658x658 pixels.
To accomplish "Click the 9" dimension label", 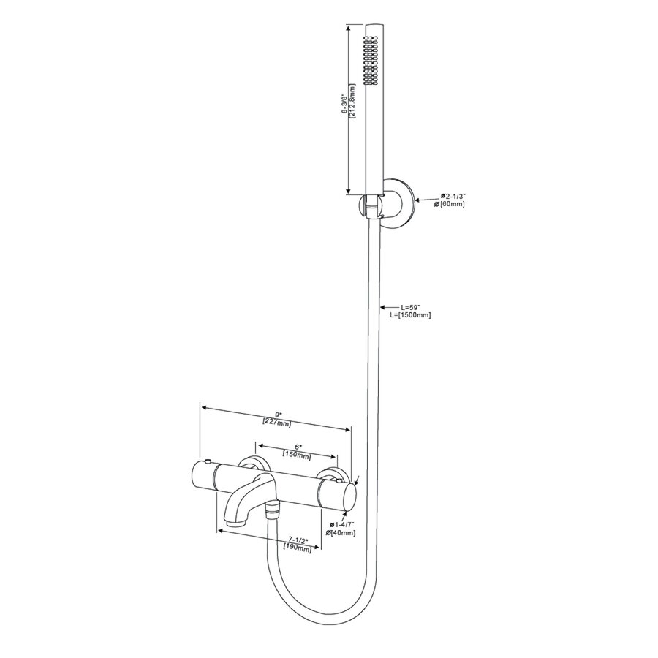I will point(276,415).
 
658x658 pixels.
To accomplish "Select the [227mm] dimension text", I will point(276,423).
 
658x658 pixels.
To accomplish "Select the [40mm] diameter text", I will point(343,533).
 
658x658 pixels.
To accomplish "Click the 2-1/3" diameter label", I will point(453,196).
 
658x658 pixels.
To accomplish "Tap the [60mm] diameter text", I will point(451,204).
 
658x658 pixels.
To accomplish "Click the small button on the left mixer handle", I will point(209,462).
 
